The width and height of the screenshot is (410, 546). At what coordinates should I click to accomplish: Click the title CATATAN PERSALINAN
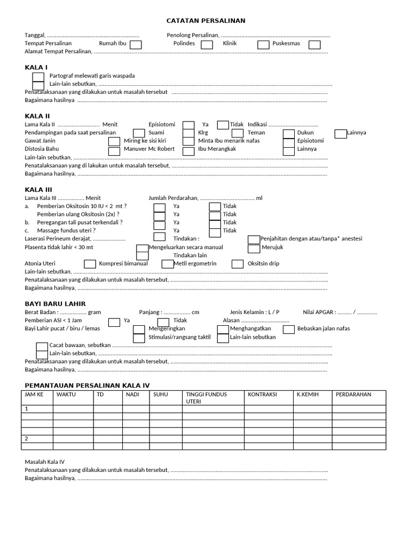pyautogui.click(x=206, y=21)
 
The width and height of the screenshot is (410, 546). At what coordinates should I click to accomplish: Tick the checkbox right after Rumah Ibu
pyautogui.click(x=136, y=45)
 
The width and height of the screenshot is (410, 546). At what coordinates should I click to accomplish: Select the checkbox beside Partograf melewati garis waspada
pyautogui.click(x=38, y=77)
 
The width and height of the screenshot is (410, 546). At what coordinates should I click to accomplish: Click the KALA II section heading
pyautogui.click(x=37, y=116)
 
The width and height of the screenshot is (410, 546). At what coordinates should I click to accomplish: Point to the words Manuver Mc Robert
pyautogui.click(x=149, y=149)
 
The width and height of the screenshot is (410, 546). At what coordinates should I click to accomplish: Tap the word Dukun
pyautogui.click(x=305, y=132)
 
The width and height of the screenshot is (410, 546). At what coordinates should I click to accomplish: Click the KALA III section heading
pyautogui.click(x=38, y=189)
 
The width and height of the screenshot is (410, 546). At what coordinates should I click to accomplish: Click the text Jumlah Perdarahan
pyautogui.click(x=173, y=198)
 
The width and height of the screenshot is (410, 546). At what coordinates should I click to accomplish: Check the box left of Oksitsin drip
pyautogui.click(x=238, y=264)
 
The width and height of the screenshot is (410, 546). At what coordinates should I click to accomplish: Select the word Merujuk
pyautogui.click(x=272, y=247)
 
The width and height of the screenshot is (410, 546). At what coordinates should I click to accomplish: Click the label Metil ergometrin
pyautogui.click(x=195, y=263)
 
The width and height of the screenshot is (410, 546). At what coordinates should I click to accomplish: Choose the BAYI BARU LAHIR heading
pyautogui.click(x=55, y=303)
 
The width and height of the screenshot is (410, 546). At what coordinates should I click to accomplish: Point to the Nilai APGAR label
pyautogui.click(x=319, y=312)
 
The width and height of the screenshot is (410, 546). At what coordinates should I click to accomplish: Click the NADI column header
pyautogui.click(x=132, y=395)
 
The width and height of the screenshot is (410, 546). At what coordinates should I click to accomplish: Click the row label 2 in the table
pyautogui.click(x=27, y=439)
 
